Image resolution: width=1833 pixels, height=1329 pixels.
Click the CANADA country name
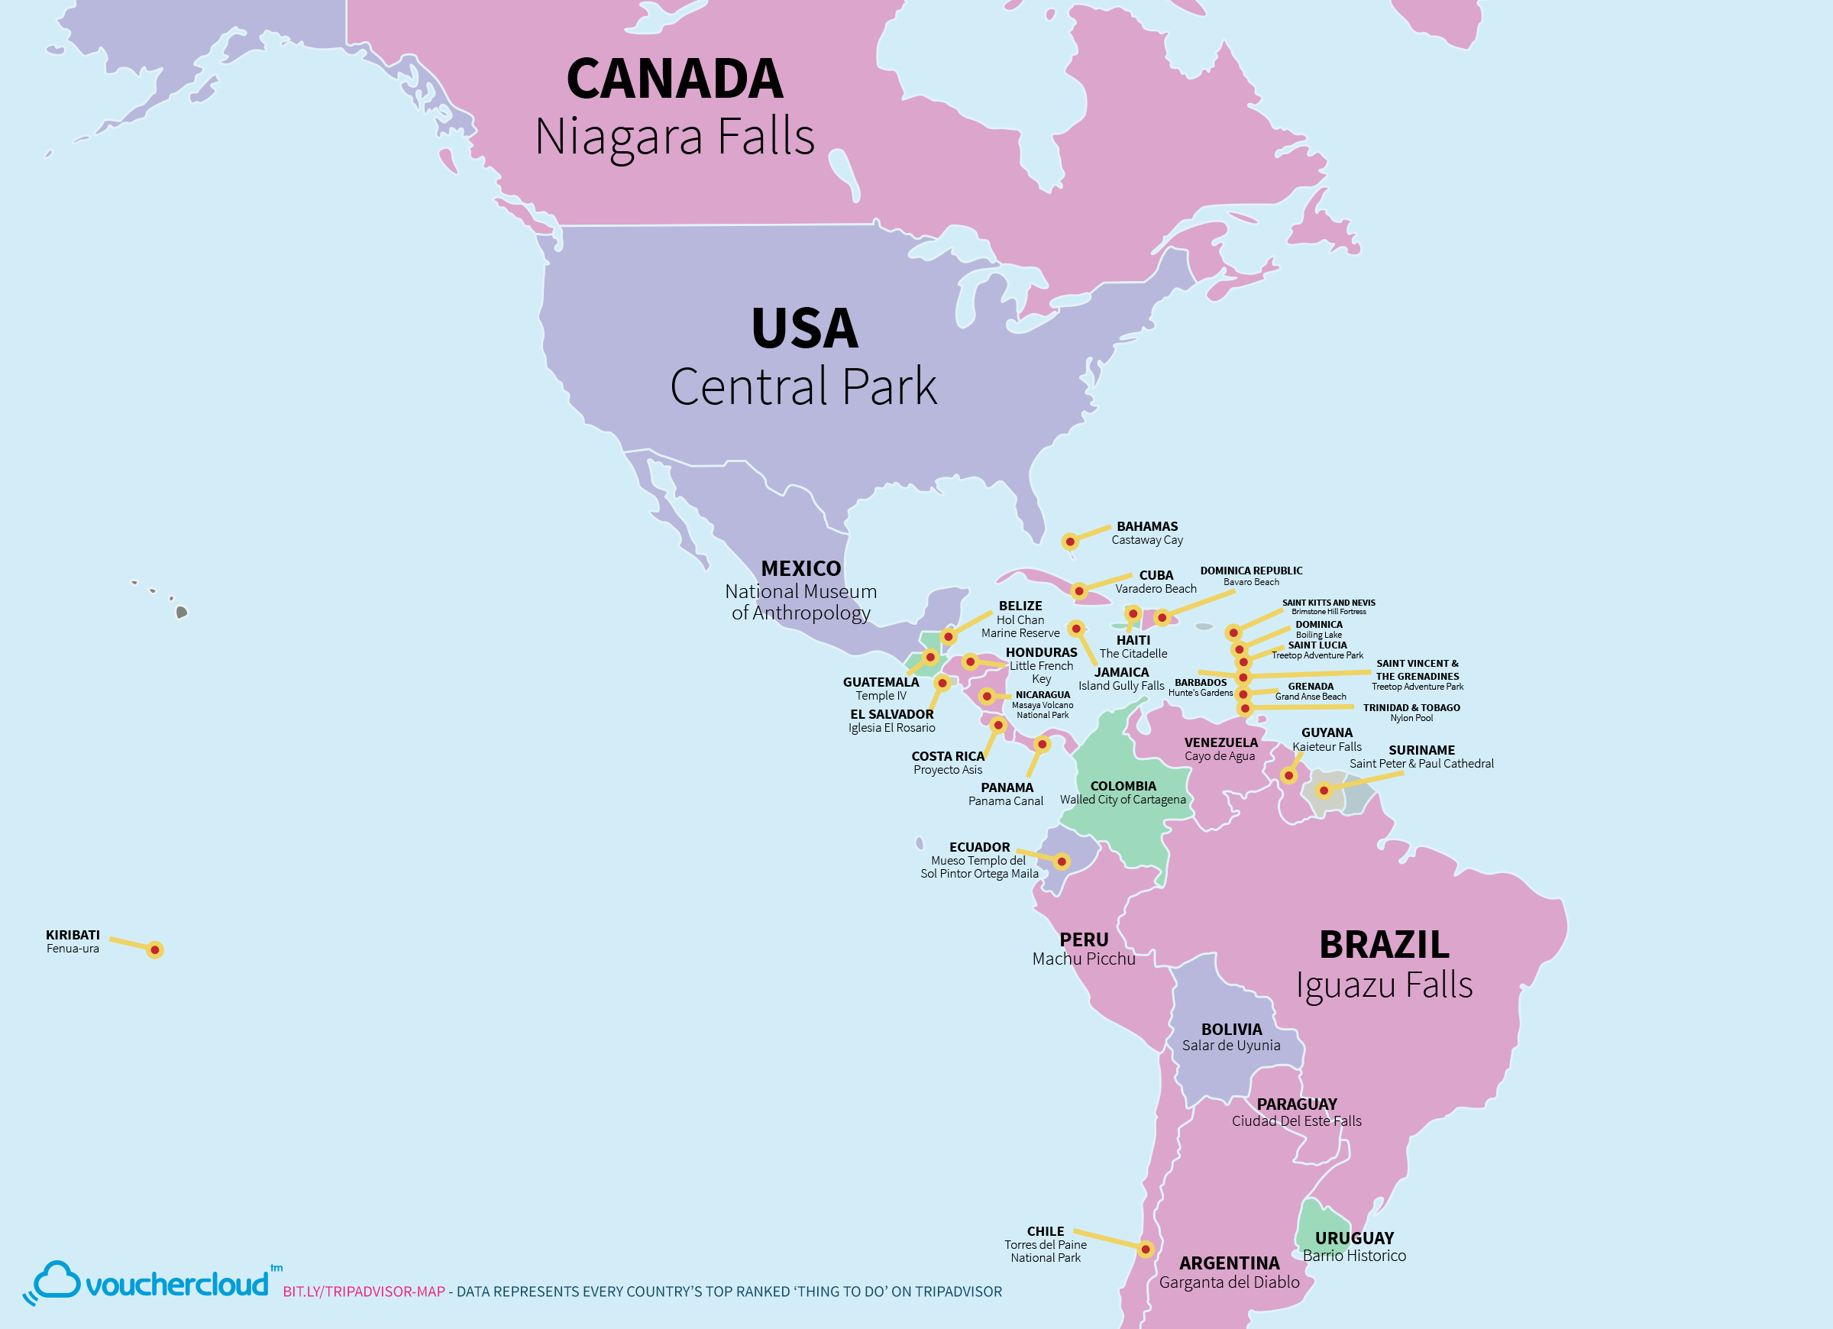coord(675,79)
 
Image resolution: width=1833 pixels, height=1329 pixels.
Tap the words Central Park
coord(803,386)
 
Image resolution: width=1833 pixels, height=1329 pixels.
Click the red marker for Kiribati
coord(155,950)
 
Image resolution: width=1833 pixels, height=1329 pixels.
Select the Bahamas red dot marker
coord(1069,542)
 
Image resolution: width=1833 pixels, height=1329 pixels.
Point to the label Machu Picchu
coord(1083,959)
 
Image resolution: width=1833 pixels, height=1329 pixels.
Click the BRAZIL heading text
coord(1384,944)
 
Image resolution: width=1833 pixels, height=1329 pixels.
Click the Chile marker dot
coord(1145,1249)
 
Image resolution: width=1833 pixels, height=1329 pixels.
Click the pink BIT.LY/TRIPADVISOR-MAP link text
coord(364,1291)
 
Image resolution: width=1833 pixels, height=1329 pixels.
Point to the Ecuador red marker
coord(1062,862)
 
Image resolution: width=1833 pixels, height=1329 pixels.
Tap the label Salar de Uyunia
coord(1231,1046)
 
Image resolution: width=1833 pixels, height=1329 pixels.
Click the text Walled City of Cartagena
coord(1123,800)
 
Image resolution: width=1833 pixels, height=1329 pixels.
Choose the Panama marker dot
coord(1042,744)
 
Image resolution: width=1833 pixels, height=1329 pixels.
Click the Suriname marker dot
coord(1324,791)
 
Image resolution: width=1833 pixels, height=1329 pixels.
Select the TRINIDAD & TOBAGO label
coord(1411,707)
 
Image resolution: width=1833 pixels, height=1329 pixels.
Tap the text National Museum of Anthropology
coord(800,603)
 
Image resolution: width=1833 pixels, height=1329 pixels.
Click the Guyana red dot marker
coord(1289,776)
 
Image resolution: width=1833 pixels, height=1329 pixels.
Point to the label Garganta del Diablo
coord(1230,1282)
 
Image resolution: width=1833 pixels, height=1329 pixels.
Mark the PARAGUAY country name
coord(1296,1104)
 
